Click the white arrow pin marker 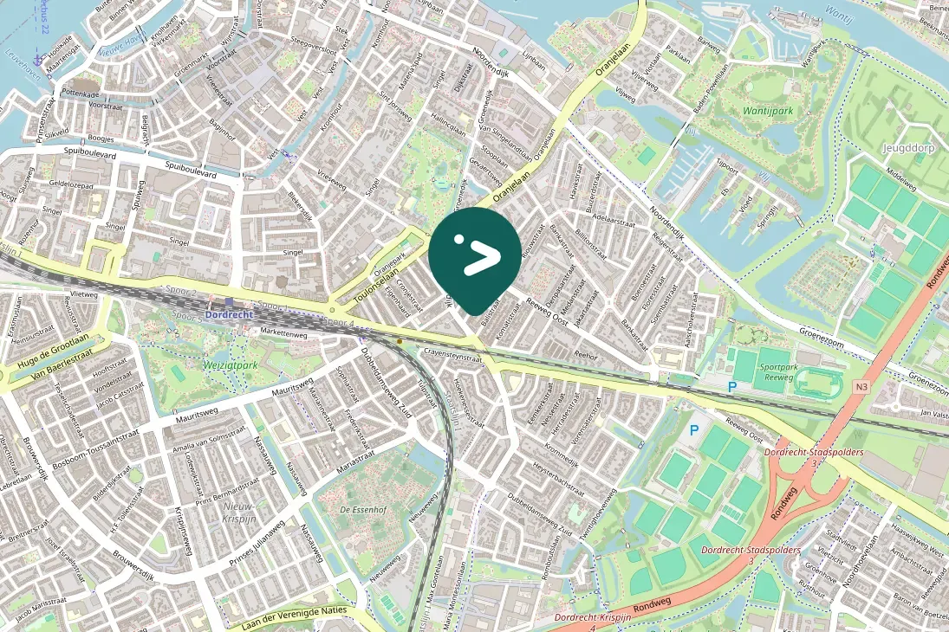[x=474, y=257]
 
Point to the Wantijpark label [x=767, y=111]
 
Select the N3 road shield [x=861, y=386]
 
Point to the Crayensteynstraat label [x=453, y=356]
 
